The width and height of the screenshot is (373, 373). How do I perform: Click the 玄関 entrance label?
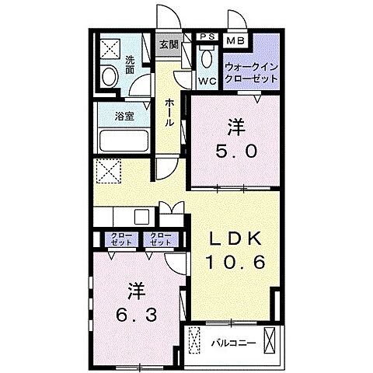click(169, 44)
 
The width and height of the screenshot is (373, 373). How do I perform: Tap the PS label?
click(207, 37)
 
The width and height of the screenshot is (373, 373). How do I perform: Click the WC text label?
click(207, 80)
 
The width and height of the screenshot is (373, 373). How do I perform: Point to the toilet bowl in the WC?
click(207, 59)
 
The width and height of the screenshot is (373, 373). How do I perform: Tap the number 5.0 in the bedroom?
click(232, 152)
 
